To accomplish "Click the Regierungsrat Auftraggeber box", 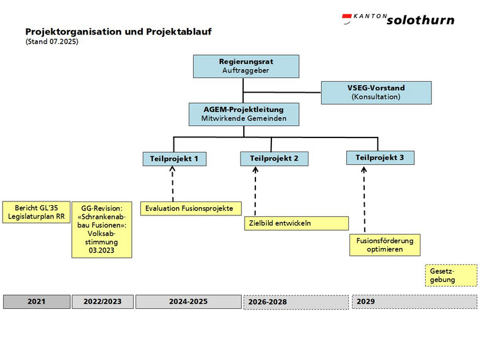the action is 246,67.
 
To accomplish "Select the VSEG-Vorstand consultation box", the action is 376,93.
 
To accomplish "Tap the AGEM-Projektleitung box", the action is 244,114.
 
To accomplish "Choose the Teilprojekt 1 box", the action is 175,159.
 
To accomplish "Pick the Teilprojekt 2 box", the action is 275,159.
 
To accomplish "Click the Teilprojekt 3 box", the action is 380,158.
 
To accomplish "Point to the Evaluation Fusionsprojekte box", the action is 191,208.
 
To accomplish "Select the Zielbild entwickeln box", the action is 296,223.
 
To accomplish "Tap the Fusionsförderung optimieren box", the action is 385,245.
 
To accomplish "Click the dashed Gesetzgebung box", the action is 451,276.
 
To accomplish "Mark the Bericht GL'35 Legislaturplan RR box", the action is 36,212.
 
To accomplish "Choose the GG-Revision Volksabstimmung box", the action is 102,230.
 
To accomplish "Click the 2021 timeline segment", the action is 36,302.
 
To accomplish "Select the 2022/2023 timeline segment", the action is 102,302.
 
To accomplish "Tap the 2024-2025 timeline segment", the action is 189,302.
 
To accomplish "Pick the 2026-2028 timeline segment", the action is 296,302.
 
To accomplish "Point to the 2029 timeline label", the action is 365,302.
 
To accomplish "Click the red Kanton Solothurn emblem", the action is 347,18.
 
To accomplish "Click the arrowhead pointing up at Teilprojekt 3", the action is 364,169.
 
